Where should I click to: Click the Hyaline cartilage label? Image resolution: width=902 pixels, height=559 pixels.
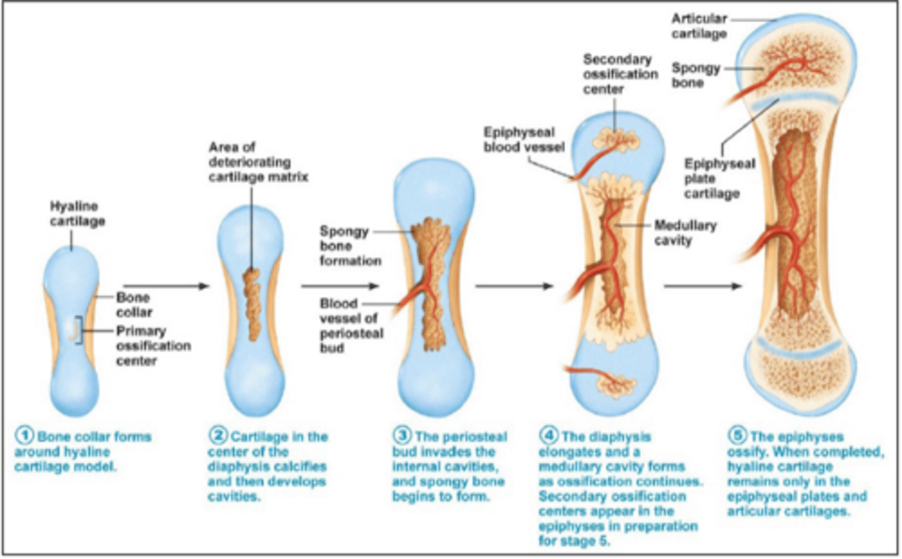click(77, 214)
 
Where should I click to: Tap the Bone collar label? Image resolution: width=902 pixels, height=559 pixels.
click(133, 305)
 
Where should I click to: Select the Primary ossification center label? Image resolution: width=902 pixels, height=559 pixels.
click(152, 345)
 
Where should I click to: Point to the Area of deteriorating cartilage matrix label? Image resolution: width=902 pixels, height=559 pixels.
click(257, 162)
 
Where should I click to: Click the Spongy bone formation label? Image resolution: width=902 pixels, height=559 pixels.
click(350, 246)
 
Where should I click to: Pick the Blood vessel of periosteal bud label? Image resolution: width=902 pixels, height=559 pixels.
click(351, 325)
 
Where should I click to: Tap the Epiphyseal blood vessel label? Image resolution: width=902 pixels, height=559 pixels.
click(523, 140)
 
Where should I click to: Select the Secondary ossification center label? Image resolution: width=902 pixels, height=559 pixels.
click(619, 74)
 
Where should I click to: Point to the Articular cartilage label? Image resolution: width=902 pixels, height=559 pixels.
click(698, 26)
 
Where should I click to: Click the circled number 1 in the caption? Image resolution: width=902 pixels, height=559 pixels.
click(24, 436)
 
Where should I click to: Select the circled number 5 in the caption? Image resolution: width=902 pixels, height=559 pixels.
click(737, 436)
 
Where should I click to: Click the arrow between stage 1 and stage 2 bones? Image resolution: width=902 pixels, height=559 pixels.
click(165, 286)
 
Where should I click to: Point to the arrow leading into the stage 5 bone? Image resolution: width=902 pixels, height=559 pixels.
click(702, 286)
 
